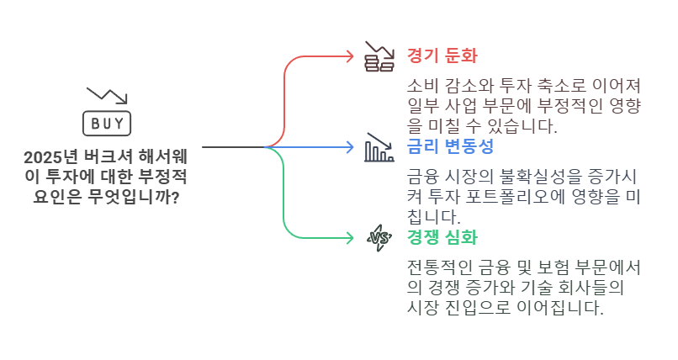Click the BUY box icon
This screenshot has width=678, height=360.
(x=107, y=124)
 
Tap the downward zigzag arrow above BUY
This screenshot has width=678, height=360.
(x=107, y=95)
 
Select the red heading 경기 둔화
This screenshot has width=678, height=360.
(x=442, y=56)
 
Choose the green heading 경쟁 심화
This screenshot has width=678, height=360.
(x=442, y=237)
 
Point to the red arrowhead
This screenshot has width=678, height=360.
(x=350, y=56)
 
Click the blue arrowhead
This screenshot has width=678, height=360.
(x=350, y=147)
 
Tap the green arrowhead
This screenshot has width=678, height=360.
(x=350, y=238)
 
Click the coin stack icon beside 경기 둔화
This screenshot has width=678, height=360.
(x=379, y=57)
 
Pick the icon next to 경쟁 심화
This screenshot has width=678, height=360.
(x=379, y=238)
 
